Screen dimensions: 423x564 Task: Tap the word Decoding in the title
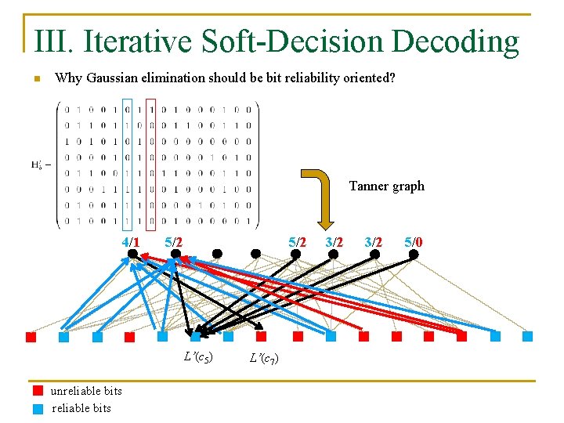point(455,41)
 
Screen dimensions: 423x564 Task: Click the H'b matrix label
point(40,165)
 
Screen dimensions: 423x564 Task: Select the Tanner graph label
point(386,186)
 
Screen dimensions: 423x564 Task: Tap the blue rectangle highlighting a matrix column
point(128,164)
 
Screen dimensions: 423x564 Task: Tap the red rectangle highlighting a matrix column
point(150,164)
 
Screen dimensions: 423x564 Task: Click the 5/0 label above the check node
point(414,242)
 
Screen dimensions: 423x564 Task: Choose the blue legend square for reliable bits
point(37,407)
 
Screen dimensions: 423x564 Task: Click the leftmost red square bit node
point(31,337)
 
